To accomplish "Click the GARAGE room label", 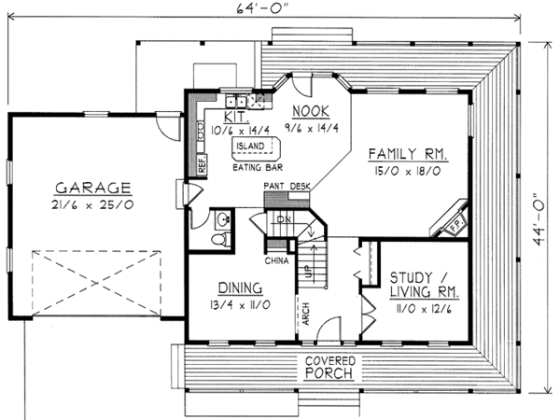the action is tap(92, 188).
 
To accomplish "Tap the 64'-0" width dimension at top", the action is tap(262, 7).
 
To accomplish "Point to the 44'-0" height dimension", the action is tap(539, 220).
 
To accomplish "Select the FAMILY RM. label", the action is tap(408, 154).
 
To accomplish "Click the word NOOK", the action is tap(311, 111).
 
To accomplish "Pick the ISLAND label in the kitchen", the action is tap(251, 147).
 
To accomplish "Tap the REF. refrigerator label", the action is tap(203, 164).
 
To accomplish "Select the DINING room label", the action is tap(241, 287).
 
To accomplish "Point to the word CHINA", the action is tap(277, 261).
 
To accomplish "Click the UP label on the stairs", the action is tap(306, 271).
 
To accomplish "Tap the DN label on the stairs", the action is tap(284, 219).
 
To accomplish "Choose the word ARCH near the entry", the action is tap(306, 314).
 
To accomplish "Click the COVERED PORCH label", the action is tap(329, 367).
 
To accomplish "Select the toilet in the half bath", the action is tap(221, 239).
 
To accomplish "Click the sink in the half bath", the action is tap(224, 219).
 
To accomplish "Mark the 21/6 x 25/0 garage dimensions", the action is tap(92, 205).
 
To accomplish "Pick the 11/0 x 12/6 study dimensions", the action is tap(424, 309).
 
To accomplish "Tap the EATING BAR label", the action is tap(258, 167).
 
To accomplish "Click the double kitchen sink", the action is tap(236, 101).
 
